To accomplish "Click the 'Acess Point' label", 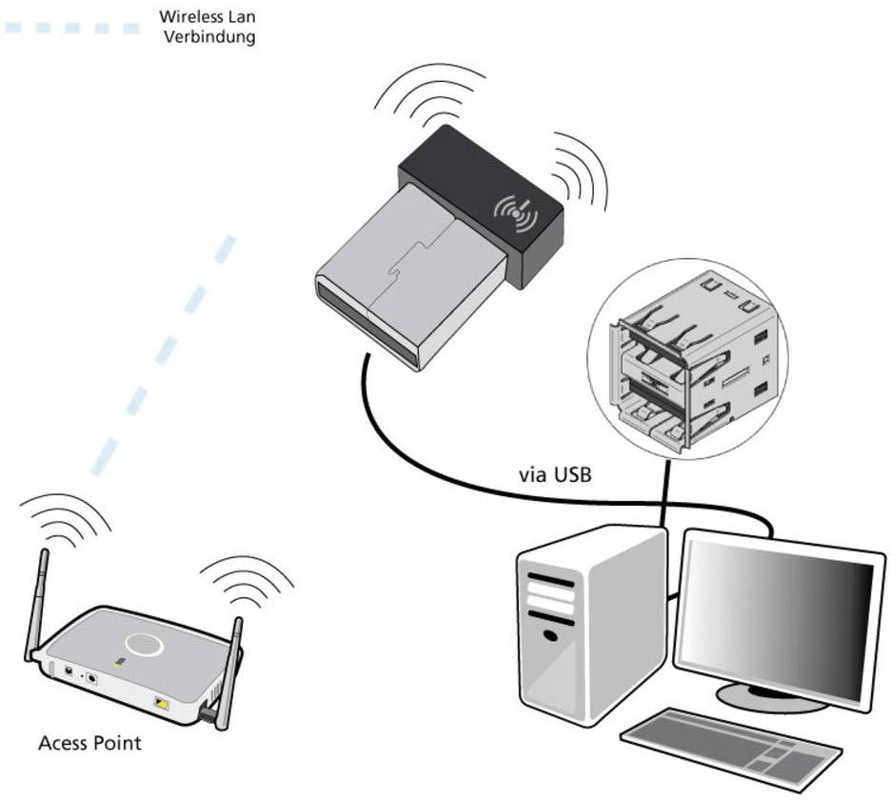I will coord(89,743).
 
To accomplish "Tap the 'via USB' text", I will coord(555,473).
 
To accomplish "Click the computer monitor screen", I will coord(775,610).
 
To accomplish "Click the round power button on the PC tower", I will coord(549,634).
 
